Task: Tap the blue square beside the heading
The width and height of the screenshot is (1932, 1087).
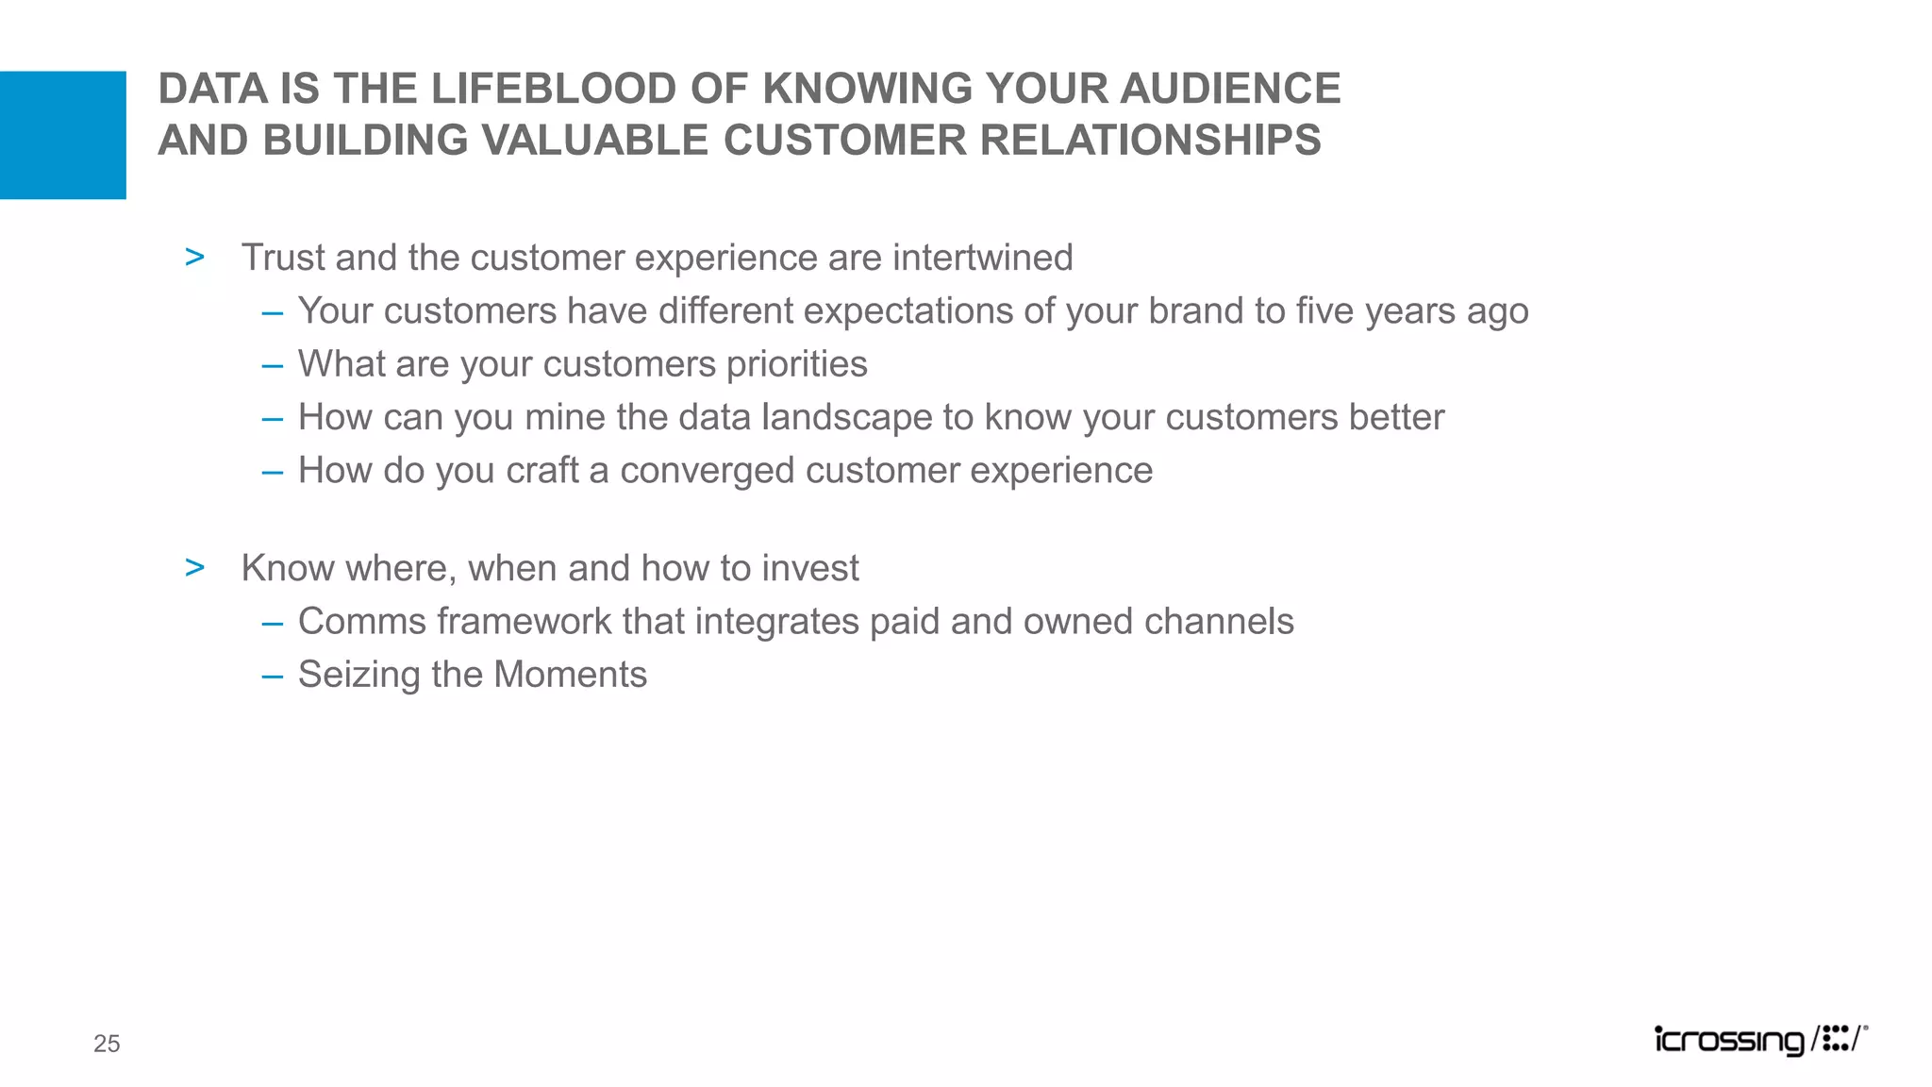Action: (62, 135)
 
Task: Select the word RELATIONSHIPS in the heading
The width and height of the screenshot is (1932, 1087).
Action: (1150, 141)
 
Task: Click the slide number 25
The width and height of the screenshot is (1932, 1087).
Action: (107, 1044)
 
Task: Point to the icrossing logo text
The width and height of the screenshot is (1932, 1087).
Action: (1728, 1040)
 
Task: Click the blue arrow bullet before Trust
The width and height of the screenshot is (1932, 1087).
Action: (195, 257)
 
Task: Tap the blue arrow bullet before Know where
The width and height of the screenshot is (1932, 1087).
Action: (195, 567)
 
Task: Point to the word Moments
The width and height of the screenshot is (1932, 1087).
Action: (570, 675)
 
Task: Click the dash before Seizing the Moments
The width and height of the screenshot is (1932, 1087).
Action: (273, 677)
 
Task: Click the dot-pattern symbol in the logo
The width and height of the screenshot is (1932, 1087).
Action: (1835, 1039)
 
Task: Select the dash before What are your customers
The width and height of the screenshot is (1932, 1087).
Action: (273, 366)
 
